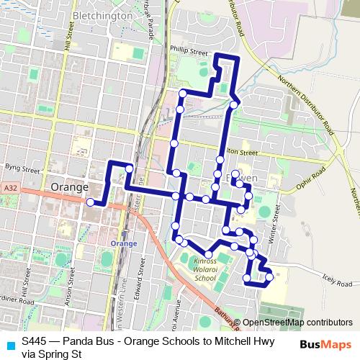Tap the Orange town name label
pos(70,186)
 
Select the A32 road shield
pos(9,188)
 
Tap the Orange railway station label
pos(125,243)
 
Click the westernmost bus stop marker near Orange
pos(91,203)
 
